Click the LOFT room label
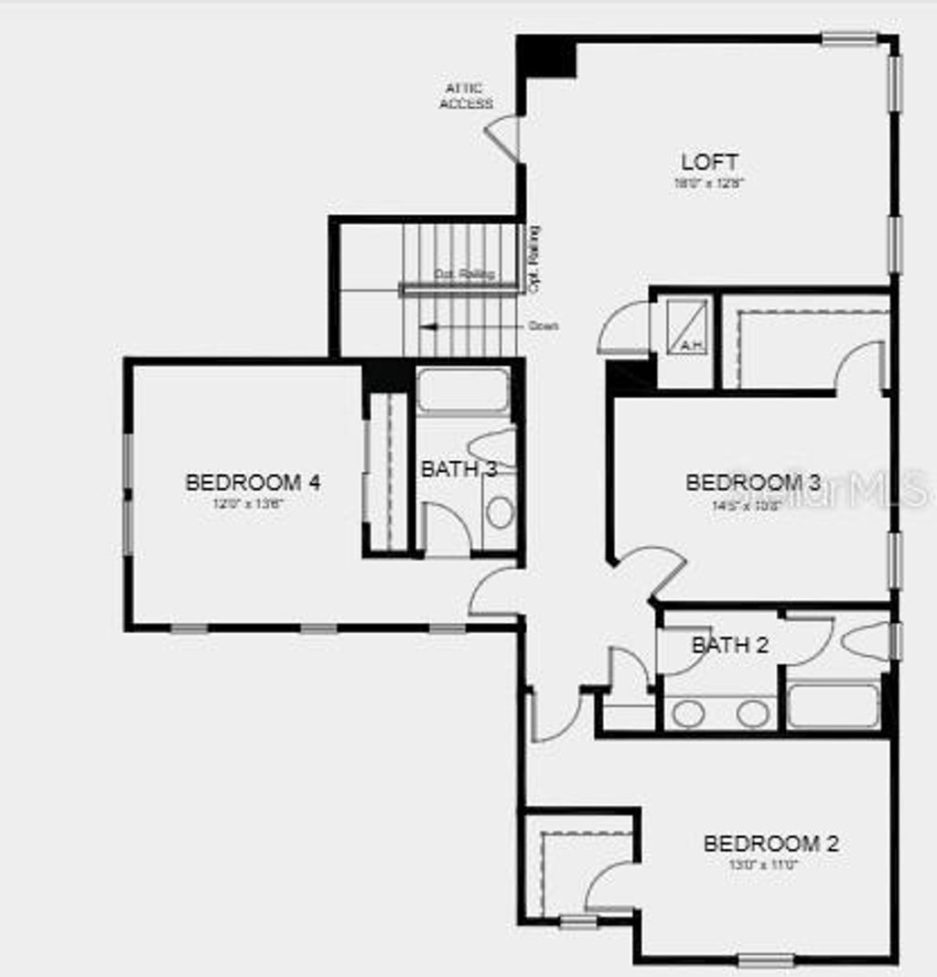pos(709,163)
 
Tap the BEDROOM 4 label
pos(253,482)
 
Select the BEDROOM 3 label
pos(753,482)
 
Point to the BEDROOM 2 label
pos(770,843)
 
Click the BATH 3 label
pos(458,469)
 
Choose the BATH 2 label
pos(730,645)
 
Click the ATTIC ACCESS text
pos(466,96)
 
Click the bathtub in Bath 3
pos(463,391)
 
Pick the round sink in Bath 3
pos(500,511)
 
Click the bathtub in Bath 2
pos(832,706)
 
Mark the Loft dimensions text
pos(709,183)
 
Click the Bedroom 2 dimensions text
pos(764,864)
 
